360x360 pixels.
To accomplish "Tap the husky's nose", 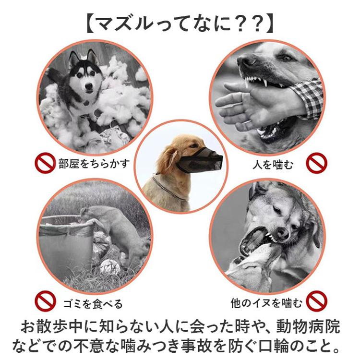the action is click(88, 86).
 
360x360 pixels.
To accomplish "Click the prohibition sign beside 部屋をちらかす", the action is click(45, 163).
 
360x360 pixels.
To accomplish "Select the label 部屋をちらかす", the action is click(94, 164).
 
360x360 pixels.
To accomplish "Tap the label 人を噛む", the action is click(273, 165).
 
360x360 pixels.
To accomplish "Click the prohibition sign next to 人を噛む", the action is click(317, 163).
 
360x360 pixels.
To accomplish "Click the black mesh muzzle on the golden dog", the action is click(199, 160).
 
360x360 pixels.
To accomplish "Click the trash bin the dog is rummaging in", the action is click(66, 243).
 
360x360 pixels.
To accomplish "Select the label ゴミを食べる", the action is click(93, 304).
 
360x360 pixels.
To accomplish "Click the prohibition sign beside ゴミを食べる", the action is click(45, 301).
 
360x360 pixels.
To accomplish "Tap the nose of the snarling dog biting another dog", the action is click(282, 233).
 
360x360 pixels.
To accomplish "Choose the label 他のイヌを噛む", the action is click(266, 303).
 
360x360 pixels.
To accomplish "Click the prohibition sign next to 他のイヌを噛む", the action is click(317, 301).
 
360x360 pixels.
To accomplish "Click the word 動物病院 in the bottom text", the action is click(308, 326).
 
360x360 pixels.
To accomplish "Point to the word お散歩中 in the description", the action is click(52, 326).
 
